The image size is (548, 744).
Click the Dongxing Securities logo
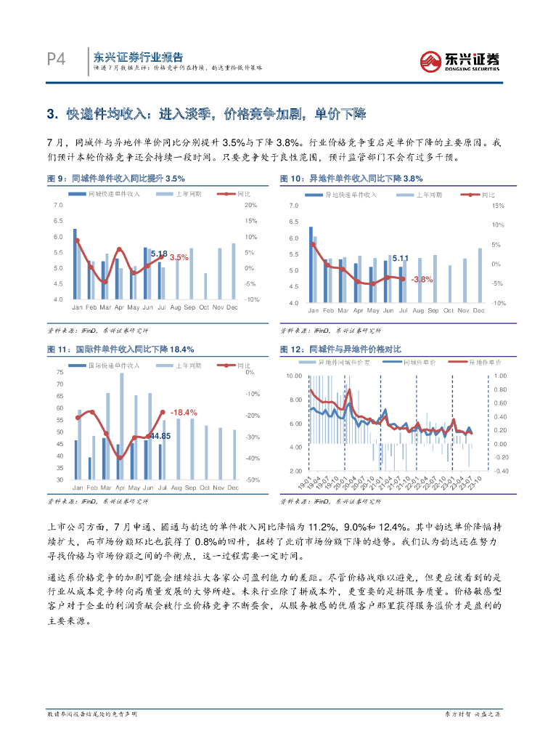pos(461,61)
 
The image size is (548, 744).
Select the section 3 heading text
pos(207,114)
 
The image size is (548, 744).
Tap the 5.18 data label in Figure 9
pos(159,254)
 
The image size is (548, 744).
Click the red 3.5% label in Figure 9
pos(179,257)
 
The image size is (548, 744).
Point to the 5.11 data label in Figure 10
pos(400,258)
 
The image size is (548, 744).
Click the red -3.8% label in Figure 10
pos(422,279)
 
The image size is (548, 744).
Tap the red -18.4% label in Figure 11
pos(184,413)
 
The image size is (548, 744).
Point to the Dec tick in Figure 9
pos(232,307)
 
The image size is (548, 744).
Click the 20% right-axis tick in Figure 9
pos(251,206)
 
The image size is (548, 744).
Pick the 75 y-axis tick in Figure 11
pos(60,372)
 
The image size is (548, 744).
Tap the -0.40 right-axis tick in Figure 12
pos(501,471)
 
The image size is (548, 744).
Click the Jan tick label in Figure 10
pos(313,311)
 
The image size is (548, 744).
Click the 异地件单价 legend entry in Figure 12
pos(484,361)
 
